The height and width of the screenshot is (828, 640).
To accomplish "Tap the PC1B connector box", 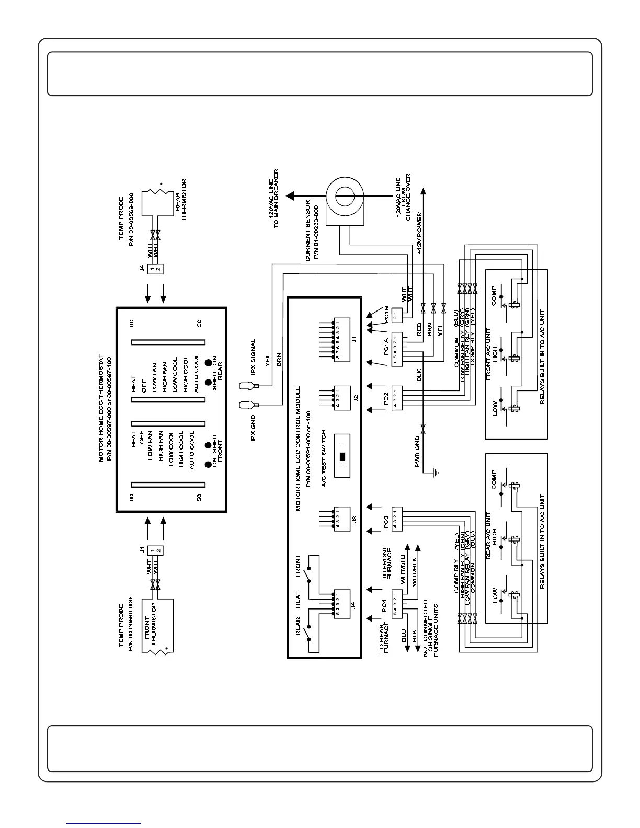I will (x=397, y=315).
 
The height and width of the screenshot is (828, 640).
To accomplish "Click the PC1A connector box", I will (x=397, y=348).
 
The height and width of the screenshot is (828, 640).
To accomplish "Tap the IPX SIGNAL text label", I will (x=254, y=357).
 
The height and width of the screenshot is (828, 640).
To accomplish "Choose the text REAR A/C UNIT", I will (x=489, y=536).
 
